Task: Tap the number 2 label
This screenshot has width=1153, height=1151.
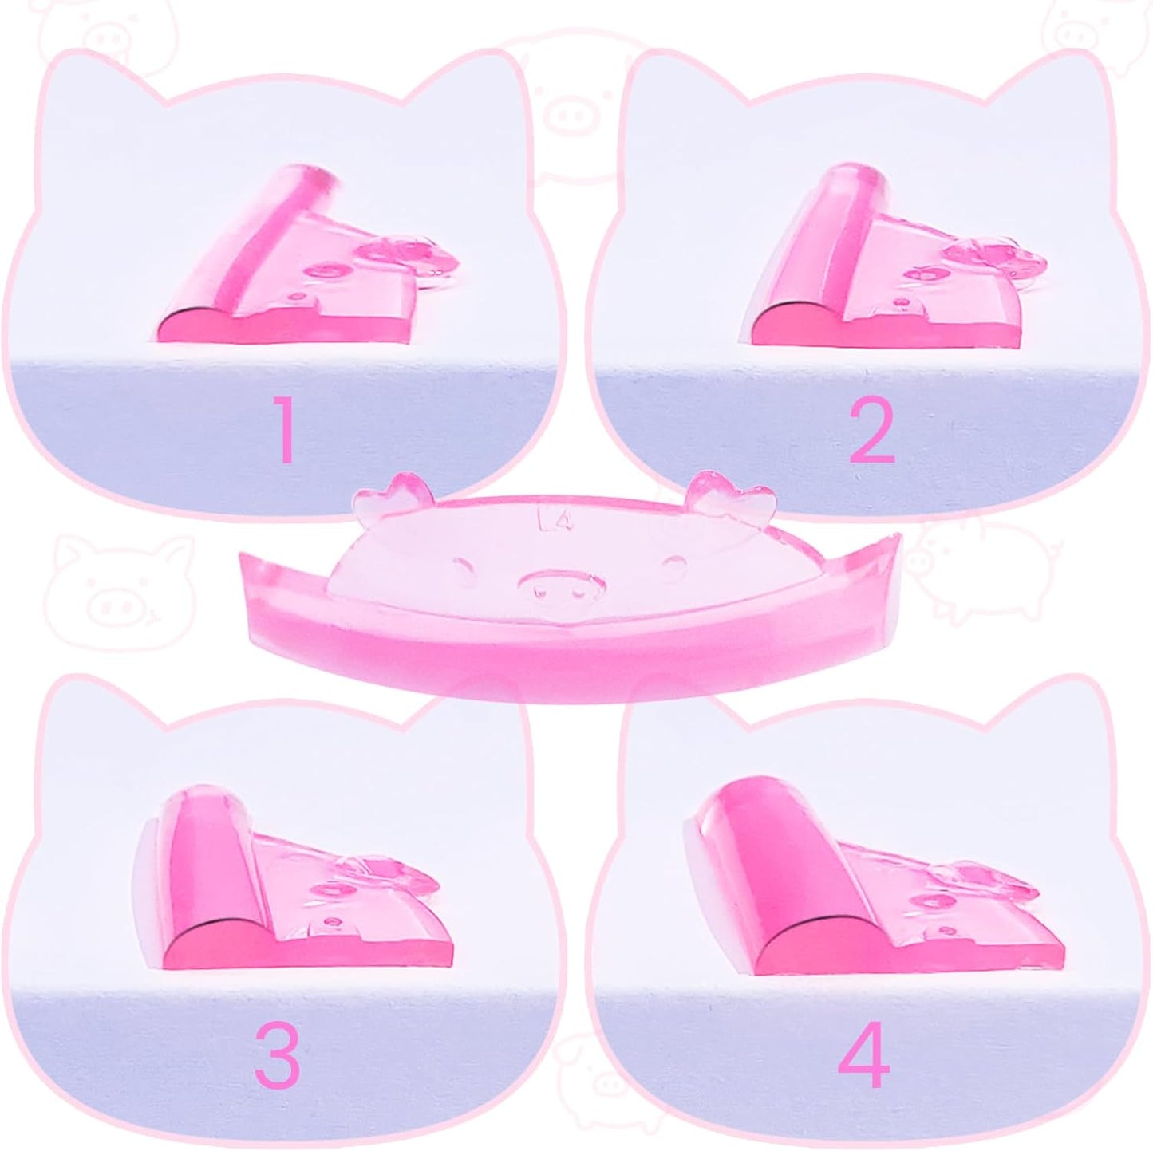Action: [871, 434]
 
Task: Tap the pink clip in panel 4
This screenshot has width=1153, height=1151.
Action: [862, 893]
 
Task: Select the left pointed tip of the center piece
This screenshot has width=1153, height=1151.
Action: [247, 559]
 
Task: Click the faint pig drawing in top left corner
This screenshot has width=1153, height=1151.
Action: [120, 28]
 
